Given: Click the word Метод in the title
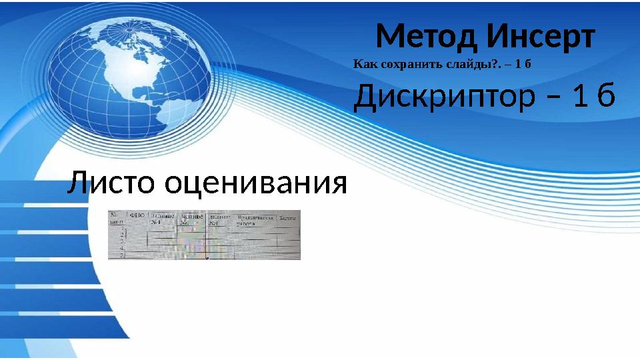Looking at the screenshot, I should tap(427, 37).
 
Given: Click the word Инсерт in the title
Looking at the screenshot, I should tap(540, 37).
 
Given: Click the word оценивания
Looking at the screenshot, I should tap(256, 183).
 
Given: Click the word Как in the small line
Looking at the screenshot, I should tap(362, 65).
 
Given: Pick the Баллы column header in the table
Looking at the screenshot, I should tap(288, 217).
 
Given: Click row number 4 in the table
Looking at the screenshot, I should tap(123, 248).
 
